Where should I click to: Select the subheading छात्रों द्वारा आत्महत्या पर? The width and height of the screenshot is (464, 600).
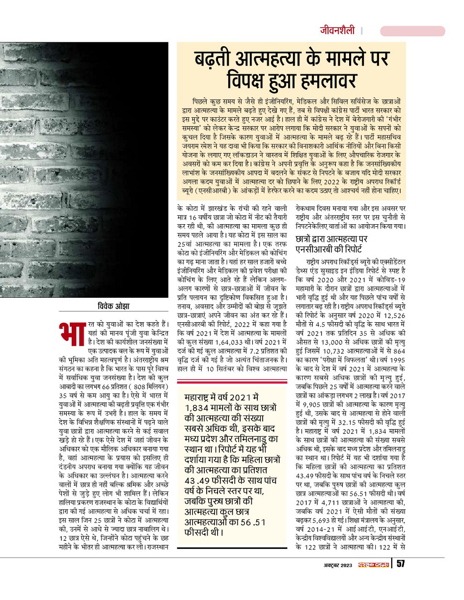334,239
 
